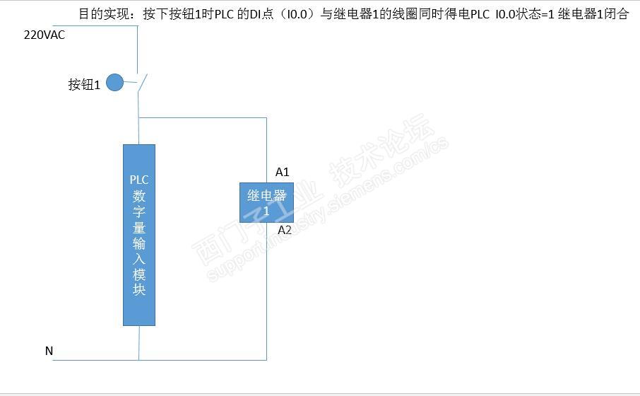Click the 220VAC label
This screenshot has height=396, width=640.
[x=44, y=35]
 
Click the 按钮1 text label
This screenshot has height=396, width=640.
[x=84, y=85]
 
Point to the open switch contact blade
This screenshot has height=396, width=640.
[x=143, y=83]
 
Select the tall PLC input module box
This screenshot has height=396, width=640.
[x=139, y=235]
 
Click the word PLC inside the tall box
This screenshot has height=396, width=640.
[x=139, y=179]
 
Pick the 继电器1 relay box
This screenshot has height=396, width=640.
[x=266, y=202]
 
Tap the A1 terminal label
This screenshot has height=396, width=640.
[x=283, y=172]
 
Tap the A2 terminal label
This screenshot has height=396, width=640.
[x=284, y=230]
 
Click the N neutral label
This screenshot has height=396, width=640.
[x=49, y=351]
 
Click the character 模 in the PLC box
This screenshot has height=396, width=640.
[x=139, y=274]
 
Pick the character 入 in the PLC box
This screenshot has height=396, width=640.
[x=139, y=258]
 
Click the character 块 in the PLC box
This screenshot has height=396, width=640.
[x=139, y=290]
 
